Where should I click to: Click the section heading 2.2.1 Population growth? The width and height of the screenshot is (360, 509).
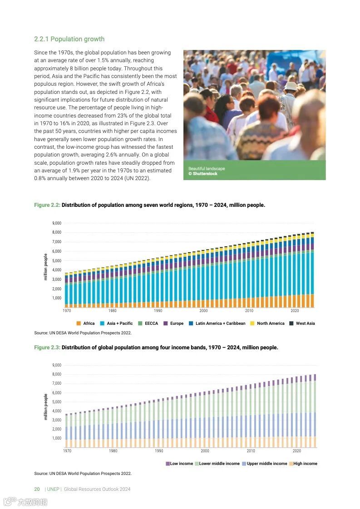point(69,39)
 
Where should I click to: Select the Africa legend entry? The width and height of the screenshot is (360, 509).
point(86,323)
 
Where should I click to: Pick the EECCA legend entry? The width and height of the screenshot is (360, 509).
point(148,323)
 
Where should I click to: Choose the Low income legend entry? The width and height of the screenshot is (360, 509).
point(180,464)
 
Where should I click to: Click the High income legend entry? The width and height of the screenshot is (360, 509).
point(303,464)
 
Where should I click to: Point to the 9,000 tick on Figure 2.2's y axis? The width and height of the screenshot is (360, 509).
point(57,223)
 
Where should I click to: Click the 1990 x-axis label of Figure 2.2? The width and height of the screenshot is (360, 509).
point(158,311)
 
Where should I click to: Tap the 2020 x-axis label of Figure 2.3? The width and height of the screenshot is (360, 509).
point(297,451)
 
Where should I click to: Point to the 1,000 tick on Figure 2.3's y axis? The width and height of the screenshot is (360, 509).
point(57,438)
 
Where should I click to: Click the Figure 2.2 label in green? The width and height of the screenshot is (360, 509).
point(47,205)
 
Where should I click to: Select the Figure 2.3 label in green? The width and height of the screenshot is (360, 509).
point(47,347)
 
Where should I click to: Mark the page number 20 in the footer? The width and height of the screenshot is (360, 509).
point(37,489)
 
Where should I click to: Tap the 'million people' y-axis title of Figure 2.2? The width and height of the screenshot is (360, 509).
point(45,267)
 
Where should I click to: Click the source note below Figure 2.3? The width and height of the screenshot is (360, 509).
point(83,474)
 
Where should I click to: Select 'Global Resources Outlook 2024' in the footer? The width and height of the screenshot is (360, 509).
point(97,489)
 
